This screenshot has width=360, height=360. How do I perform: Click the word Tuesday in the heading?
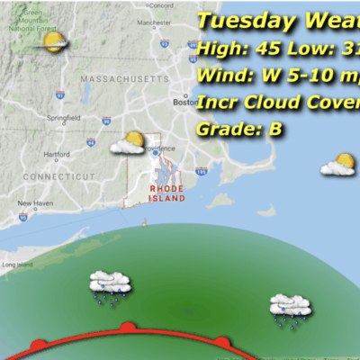click(x=237, y=21)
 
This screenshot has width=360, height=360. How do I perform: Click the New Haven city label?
click(x=35, y=202)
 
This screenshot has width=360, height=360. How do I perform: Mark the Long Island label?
click(x=17, y=265)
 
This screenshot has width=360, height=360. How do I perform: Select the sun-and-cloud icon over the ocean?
click(x=339, y=165)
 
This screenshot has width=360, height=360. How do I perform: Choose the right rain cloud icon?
click(x=291, y=308)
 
